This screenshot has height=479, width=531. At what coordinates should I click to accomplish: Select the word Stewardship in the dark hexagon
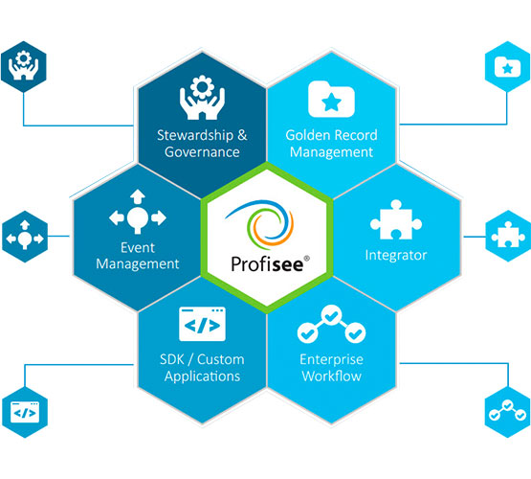[x=195, y=136]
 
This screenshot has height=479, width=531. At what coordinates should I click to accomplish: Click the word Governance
[x=202, y=152]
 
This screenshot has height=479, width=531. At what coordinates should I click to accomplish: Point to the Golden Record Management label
[x=331, y=144]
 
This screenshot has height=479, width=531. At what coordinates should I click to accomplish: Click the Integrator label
[x=396, y=255]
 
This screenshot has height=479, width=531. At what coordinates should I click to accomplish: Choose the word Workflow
[x=332, y=376]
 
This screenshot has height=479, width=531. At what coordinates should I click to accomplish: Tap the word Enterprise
[x=331, y=359]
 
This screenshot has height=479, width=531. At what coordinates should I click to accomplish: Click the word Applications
[x=202, y=376]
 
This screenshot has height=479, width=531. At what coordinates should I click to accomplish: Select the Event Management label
[x=138, y=256]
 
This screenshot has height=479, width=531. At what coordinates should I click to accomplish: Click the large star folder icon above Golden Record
[x=331, y=99]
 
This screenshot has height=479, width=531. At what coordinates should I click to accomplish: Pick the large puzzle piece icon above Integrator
[x=396, y=219]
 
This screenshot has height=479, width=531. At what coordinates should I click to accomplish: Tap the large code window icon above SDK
[x=202, y=324]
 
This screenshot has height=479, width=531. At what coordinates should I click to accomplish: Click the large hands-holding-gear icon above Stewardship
[x=202, y=98]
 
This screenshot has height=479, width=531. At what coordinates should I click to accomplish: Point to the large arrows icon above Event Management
[x=138, y=212]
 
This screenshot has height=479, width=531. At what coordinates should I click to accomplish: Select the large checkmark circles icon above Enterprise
[x=331, y=324]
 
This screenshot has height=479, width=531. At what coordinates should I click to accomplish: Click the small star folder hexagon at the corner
[x=507, y=66]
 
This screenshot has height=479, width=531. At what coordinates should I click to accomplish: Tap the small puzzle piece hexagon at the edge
[x=508, y=236]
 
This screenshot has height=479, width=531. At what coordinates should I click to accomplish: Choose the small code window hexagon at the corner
[x=25, y=412]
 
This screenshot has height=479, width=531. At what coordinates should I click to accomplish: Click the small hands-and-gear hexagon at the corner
[x=23, y=66]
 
